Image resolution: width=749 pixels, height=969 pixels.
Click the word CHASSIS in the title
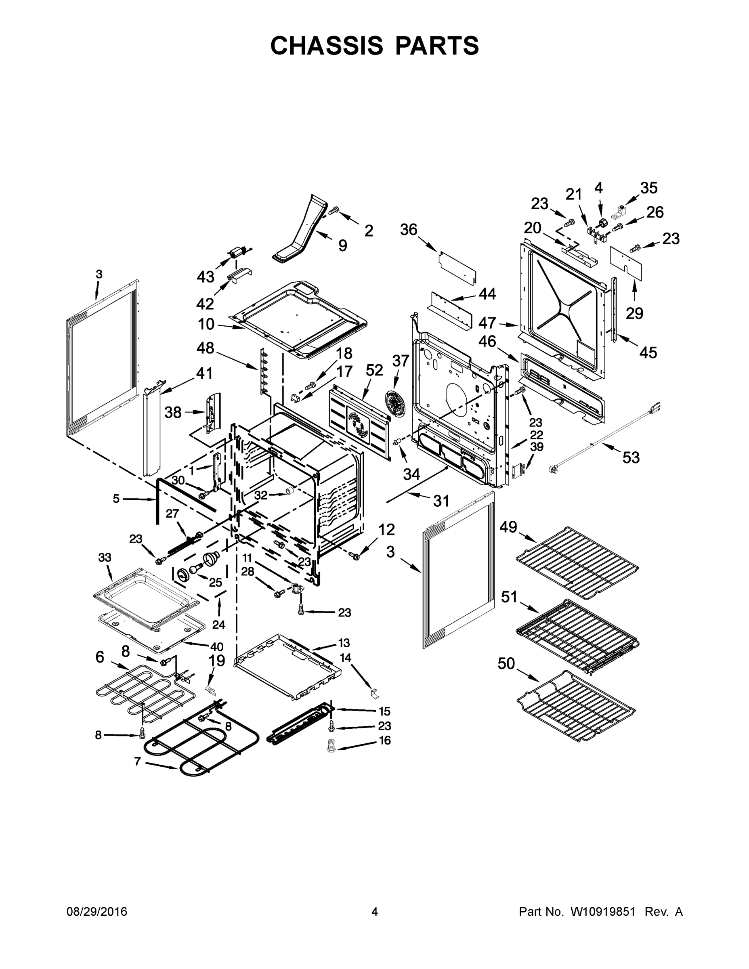coord(327,45)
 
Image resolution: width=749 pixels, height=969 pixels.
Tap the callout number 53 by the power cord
coord(631,457)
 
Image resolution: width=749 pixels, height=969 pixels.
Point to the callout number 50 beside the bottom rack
coord(506,664)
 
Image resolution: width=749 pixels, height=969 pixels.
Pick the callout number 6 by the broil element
coord(100,656)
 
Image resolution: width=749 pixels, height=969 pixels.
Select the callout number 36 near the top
coord(409,229)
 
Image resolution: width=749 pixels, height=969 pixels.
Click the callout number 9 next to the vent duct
coord(342,245)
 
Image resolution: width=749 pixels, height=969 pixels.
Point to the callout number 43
coord(206,277)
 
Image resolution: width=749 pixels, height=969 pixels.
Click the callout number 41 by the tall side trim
coord(204,373)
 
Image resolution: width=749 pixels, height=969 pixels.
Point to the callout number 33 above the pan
coord(104,557)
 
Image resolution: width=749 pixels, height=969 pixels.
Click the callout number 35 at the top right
coord(648,188)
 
